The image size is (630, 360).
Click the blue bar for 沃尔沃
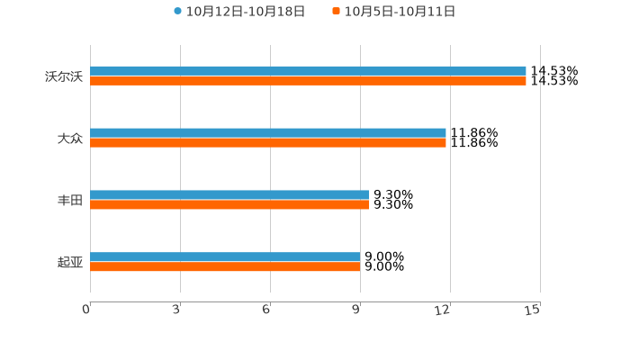click(308, 70)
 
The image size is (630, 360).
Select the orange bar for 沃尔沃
click(308, 81)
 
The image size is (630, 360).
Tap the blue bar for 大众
click(268, 132)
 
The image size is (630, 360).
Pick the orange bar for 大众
click(268, 143)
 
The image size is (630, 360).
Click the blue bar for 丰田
click(229, 194)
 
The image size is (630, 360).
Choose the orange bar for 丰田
click(229, 205)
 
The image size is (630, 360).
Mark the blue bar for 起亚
click(225, 256)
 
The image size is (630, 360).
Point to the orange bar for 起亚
click(225, 267)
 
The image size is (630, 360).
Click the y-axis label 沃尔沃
click(63, 76)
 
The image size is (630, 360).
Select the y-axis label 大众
click(69, 139)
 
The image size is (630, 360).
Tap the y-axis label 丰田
click(69, 201)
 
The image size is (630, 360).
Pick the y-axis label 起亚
click(69, 263)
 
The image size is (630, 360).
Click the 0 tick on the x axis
click(86, 310)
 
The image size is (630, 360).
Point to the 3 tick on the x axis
click(176, 310)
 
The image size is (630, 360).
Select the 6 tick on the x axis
click(266, 310)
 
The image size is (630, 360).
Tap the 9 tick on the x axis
click(356, 310)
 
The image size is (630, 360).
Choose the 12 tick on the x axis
click(443, 310)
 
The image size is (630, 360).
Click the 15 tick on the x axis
click(533, 310)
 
